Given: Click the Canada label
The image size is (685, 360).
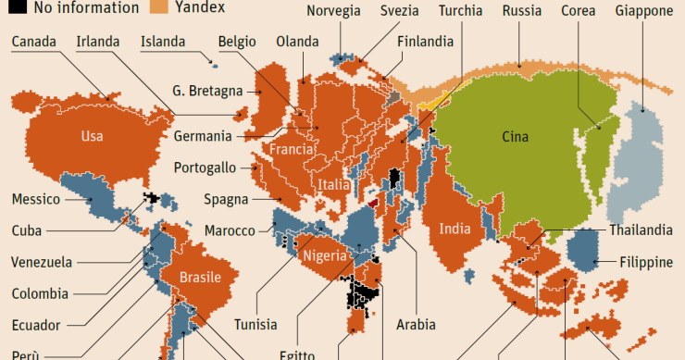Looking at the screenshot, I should tap(33, 43).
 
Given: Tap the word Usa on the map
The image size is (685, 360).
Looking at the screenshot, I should tap(92, 136).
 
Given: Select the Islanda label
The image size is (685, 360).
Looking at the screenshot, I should tap(163, 43).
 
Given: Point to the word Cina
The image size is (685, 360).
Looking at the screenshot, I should tap(515, 137).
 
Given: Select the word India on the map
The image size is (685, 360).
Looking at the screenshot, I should tap(455, 229).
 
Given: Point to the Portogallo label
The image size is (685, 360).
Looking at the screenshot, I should tap(205, 168).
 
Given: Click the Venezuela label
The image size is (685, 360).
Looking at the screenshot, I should tap(42, 262).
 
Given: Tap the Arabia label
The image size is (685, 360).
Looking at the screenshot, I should tap(415, 324).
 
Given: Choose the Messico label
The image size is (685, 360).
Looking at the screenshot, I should tap(36, 199).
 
